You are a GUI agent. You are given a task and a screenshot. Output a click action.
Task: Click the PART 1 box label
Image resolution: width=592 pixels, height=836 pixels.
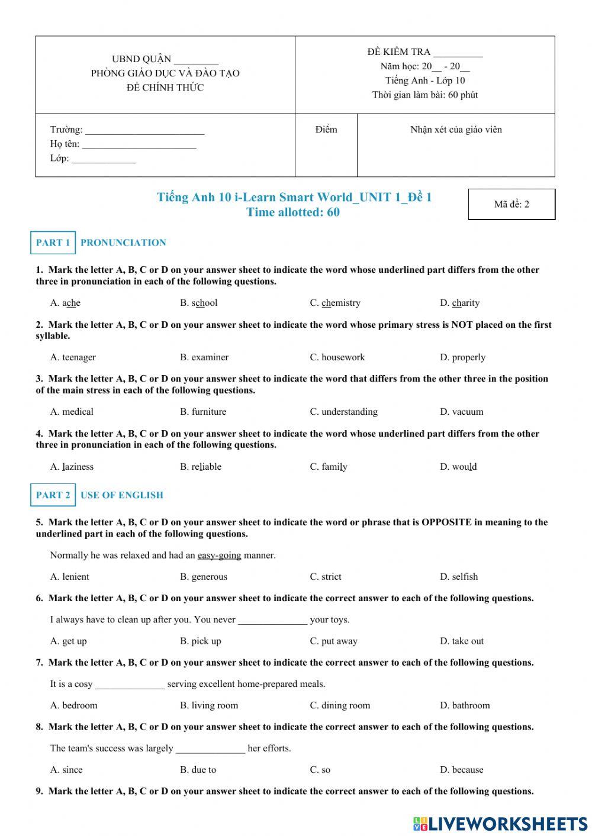(53, 243)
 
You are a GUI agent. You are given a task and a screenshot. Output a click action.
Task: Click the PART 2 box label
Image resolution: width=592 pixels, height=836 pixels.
(53, 495)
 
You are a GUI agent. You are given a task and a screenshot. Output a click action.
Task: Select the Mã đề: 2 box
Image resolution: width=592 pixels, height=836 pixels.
(511, 204)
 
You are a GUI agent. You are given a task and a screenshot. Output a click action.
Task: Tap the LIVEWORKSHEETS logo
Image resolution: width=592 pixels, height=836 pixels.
(500, 824)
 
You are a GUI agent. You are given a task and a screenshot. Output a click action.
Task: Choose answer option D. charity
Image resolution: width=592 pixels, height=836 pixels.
(459, 303)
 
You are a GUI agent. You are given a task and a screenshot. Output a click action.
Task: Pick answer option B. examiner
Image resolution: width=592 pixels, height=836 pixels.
(204, 357)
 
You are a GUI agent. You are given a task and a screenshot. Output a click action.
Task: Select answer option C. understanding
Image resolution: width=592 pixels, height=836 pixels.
(343, 412)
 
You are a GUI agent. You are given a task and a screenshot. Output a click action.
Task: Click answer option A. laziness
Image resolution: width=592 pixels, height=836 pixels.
(72, 467)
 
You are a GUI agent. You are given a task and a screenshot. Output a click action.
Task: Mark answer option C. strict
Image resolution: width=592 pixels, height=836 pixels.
(326, 577)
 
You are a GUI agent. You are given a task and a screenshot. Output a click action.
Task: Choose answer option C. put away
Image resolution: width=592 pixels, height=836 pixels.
(333, 641)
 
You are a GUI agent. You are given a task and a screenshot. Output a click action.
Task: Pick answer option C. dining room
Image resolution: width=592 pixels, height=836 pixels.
(340, 705)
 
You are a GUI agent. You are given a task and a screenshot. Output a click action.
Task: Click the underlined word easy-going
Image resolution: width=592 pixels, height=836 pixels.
(219, 556)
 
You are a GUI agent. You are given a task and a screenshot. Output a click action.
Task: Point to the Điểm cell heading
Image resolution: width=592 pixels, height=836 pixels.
(326, 130)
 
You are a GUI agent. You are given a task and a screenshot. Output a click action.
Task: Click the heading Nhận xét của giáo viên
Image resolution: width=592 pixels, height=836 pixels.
(456, 130)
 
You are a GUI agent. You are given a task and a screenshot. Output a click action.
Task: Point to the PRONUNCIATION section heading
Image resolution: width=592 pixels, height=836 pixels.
(123, 243)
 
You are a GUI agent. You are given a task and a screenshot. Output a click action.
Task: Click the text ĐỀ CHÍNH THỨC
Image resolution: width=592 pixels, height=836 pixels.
(165, 88)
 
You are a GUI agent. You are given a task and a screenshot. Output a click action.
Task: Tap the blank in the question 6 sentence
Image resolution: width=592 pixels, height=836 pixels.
(272, 621)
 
